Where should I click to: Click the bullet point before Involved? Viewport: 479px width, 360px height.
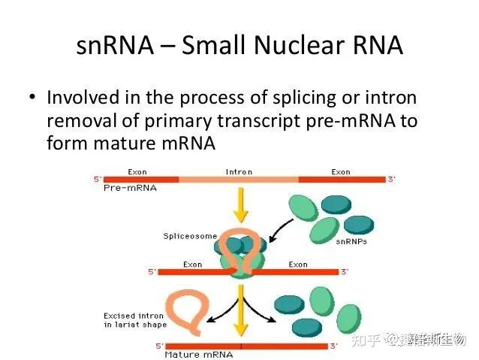32,98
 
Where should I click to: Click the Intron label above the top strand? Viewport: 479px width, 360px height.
238,172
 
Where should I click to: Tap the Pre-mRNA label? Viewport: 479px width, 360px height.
129,188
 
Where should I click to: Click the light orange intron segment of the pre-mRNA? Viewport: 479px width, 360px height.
238,180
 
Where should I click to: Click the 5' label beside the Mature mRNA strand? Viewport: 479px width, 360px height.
158,346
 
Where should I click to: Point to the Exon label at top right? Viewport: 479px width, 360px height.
340,172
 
